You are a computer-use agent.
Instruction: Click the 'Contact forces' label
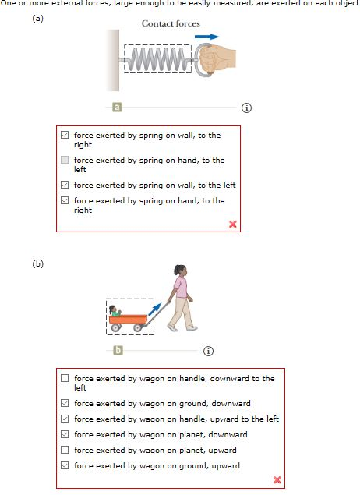171,23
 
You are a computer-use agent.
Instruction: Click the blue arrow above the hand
206,36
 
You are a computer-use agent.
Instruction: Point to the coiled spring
158,58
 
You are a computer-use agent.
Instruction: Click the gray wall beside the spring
114,58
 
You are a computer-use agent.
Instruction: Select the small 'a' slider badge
117,107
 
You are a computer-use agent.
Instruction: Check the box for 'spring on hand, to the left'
65,160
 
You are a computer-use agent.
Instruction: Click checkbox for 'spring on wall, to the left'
65,186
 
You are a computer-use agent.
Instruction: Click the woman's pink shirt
182,288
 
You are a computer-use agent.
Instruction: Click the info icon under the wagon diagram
208,351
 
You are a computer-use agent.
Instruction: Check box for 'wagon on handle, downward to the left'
65,378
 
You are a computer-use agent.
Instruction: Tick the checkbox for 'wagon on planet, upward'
65,451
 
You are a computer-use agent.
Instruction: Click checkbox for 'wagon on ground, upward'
65,466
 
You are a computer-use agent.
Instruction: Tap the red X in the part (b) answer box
277,479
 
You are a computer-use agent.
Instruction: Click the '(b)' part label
37,263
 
